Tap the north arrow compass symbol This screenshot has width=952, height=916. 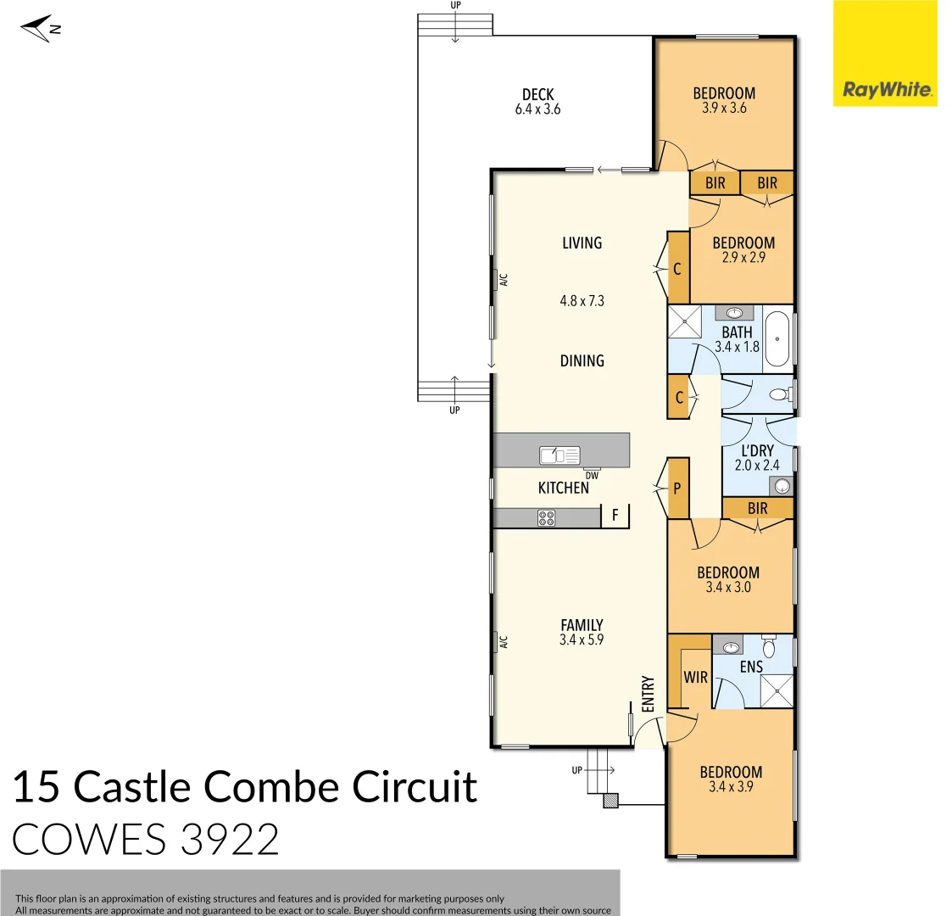click(39, 30)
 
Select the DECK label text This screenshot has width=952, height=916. click(537, 94)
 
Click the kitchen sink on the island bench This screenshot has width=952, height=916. click(560, 455)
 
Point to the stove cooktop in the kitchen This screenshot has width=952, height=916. click(546, 517)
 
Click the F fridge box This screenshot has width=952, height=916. click(615, 515)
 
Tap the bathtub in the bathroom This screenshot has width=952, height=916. click(777, 339)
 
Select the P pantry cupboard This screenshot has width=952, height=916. click(677, 489)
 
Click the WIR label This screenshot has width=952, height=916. click(695, 678)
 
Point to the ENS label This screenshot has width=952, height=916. click(751, 667)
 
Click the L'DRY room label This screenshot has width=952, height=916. click(757, 451)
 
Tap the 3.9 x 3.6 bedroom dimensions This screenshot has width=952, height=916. click(724, 108)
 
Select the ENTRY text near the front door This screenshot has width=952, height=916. click(649, 693)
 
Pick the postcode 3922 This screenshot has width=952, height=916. click(230, 839)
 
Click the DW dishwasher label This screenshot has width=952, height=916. click(592, 476)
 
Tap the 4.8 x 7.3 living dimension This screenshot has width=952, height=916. click(582, 300)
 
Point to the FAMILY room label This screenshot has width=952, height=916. click(582, 625)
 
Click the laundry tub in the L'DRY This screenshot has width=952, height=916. click(782, 486)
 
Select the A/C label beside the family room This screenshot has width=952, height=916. click(503, 642)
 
